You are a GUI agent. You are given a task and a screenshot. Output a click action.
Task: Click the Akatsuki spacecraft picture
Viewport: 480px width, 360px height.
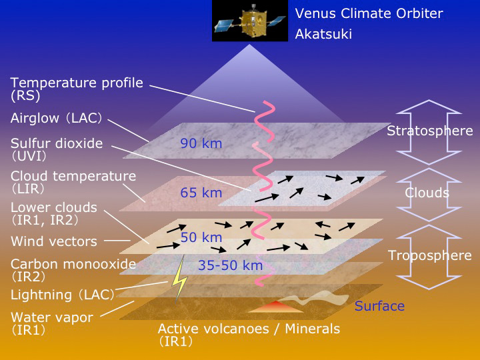250,21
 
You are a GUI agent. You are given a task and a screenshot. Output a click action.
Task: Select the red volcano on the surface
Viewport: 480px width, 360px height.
276,307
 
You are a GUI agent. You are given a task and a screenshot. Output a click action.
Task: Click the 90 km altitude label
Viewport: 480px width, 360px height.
201,143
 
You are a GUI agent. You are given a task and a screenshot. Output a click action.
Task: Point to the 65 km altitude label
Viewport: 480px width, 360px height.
201,193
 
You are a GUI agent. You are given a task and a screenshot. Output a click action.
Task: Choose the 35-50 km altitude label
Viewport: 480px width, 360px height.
230,265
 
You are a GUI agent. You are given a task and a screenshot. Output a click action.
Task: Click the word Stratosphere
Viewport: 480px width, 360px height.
430,131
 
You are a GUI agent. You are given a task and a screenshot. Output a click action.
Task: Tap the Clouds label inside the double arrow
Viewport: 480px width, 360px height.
427,193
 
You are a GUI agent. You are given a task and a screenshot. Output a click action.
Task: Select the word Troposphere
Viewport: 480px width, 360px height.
430,255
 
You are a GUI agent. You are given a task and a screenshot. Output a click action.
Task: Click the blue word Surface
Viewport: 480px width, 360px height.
379,306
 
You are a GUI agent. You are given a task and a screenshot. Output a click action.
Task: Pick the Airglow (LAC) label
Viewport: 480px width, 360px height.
56,118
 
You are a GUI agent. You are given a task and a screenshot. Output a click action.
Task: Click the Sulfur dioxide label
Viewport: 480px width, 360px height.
57,150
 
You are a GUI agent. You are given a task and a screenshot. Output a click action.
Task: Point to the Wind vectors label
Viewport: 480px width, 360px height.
54,241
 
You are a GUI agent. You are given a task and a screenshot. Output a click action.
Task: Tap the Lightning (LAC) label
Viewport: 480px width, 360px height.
63,295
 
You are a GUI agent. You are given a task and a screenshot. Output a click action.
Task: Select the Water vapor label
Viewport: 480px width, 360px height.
52,324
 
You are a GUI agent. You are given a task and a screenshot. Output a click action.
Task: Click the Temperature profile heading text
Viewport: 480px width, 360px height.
77,83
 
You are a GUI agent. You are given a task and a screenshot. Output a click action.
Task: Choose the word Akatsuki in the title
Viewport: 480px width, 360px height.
323,34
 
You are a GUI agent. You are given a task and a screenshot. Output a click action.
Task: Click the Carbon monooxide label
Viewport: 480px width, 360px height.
73,270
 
